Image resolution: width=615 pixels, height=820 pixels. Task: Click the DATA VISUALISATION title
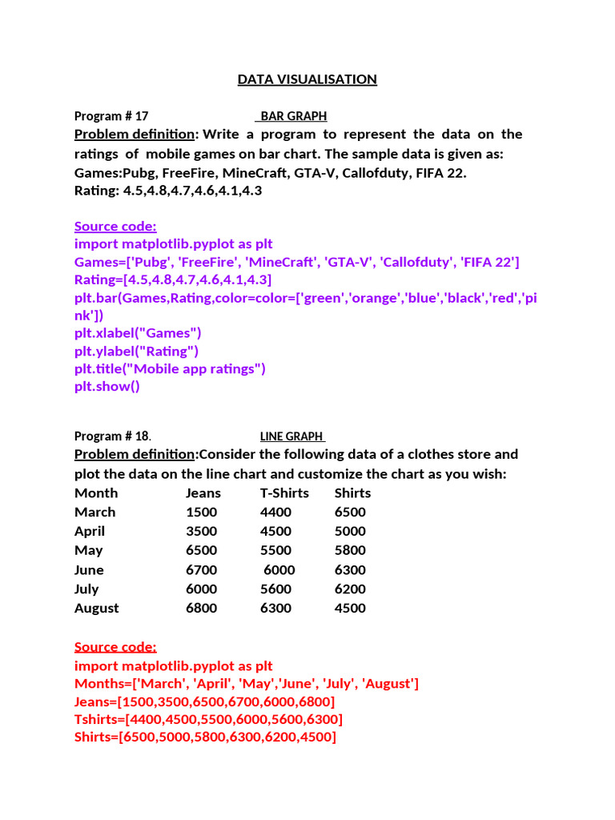[x=307, y=79]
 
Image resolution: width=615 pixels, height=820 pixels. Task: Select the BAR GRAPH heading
[x=294, y=116]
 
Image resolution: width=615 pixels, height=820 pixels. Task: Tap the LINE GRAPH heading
[x=291, y=436]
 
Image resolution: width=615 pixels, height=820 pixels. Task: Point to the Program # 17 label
[x=111, y=116]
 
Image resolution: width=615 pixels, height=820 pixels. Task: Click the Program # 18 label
[x=112, y=436]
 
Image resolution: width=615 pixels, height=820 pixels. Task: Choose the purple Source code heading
[x=115, y=226]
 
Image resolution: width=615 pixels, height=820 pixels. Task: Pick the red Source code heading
[x=115, y=646]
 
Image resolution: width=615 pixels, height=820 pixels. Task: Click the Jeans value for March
[x=201, y=512]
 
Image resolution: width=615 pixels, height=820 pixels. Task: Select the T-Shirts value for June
[x=279, y=569]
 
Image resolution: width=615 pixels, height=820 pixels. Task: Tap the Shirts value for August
[x=350, y=608]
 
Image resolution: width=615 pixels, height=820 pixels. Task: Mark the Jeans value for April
[x=201, y=531]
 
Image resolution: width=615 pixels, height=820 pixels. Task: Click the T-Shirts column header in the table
[x=284, y=492]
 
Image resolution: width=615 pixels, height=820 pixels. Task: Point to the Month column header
[x=96, y=492]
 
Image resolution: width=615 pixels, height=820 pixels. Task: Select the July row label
[x=86, y=589]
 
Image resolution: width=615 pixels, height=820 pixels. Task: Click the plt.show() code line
[x=107, y=386]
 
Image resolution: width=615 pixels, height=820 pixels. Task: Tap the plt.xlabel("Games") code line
[x=138, y=333]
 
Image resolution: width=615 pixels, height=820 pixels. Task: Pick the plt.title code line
[x=170, y=368]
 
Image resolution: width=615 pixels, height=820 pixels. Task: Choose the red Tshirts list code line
[x=208, y=719]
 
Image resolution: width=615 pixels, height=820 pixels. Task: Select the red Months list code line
[x=247, y=683]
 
